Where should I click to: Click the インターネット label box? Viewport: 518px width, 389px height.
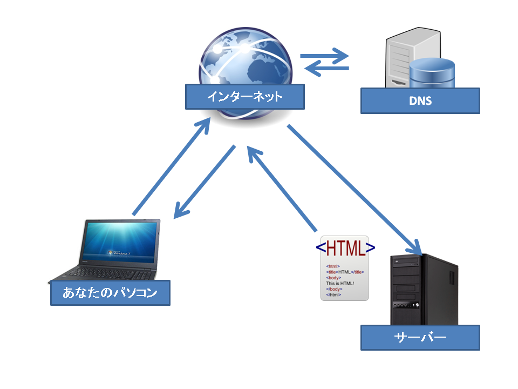(x=244, y=97)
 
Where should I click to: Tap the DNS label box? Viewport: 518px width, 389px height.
(x=420, y=101)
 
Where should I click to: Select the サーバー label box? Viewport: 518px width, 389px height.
(x=420, y=338)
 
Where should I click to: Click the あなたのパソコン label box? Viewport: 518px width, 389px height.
(x=110, y=293)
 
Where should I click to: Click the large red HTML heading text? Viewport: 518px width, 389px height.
(x=345, y=248)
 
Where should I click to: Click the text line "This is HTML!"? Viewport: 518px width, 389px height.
(x=340, y=283)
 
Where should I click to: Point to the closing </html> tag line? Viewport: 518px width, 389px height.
(x=334, y=294)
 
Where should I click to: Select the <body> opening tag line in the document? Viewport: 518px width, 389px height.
(x=333, y=278)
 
